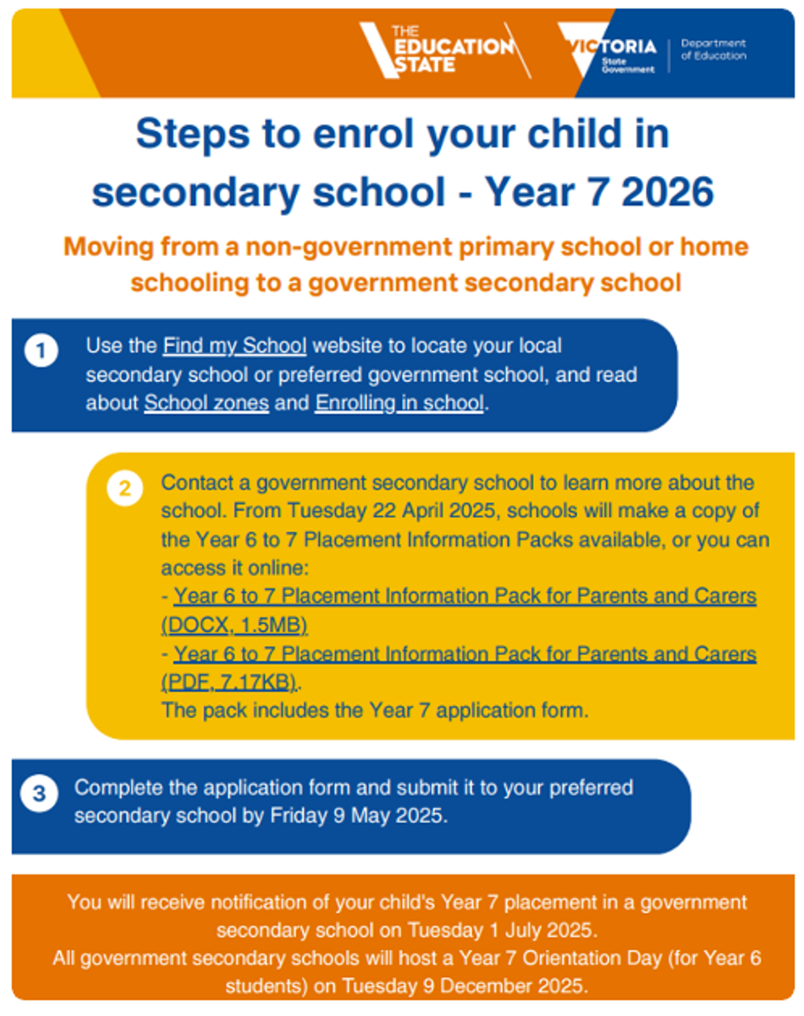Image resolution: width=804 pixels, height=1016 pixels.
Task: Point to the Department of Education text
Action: [713, 49]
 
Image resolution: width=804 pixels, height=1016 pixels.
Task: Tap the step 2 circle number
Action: [124, 489]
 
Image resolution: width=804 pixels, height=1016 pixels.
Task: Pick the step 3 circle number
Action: [39, 794]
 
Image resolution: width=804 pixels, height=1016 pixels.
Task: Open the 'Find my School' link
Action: [234, 346]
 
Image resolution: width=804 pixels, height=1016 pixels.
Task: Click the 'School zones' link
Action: [207, 403]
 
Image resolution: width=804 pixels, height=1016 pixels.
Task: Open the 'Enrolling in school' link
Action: [399, 403]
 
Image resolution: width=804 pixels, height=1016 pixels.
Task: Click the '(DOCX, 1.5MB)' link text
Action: [234, 626]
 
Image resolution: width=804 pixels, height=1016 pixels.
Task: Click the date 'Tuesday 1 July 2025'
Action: [503, 930]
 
